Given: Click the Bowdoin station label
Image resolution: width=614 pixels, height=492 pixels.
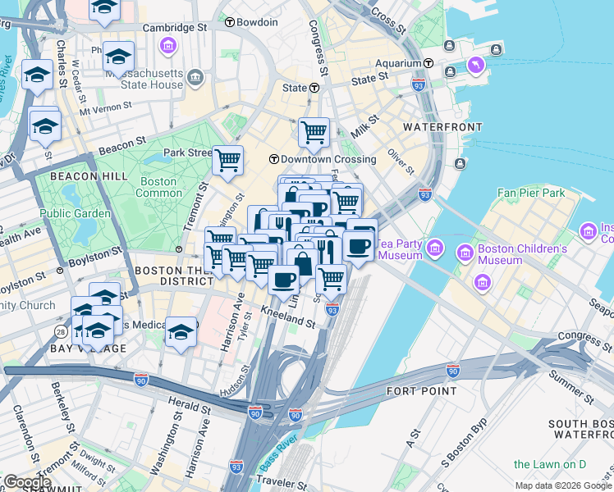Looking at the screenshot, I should pos(256,22).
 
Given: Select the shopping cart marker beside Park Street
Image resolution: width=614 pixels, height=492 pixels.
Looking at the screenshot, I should pos(227,161).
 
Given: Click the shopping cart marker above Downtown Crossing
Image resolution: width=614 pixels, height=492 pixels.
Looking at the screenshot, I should pos(314,132).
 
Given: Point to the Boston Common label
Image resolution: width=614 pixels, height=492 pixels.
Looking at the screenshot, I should pos(158,187).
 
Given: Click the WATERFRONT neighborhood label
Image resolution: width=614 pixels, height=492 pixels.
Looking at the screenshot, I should pos(442,128).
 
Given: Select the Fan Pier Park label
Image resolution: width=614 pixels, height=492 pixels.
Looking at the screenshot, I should pos(531,193).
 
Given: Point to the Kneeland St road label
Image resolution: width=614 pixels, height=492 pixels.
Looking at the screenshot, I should pos(288,318).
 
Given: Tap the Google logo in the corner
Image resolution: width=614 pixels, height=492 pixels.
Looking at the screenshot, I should pos(26,482).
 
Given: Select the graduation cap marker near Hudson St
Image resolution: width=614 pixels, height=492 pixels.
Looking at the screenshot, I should pos(181,332).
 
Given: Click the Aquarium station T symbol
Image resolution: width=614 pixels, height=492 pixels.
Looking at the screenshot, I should pos(428,63).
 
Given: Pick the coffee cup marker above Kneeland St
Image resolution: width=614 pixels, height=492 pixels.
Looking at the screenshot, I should pos(284,280).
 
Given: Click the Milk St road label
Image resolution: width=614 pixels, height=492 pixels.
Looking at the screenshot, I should pos(364,127).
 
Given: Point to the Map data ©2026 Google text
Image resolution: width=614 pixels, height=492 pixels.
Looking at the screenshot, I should pos(561,485).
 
